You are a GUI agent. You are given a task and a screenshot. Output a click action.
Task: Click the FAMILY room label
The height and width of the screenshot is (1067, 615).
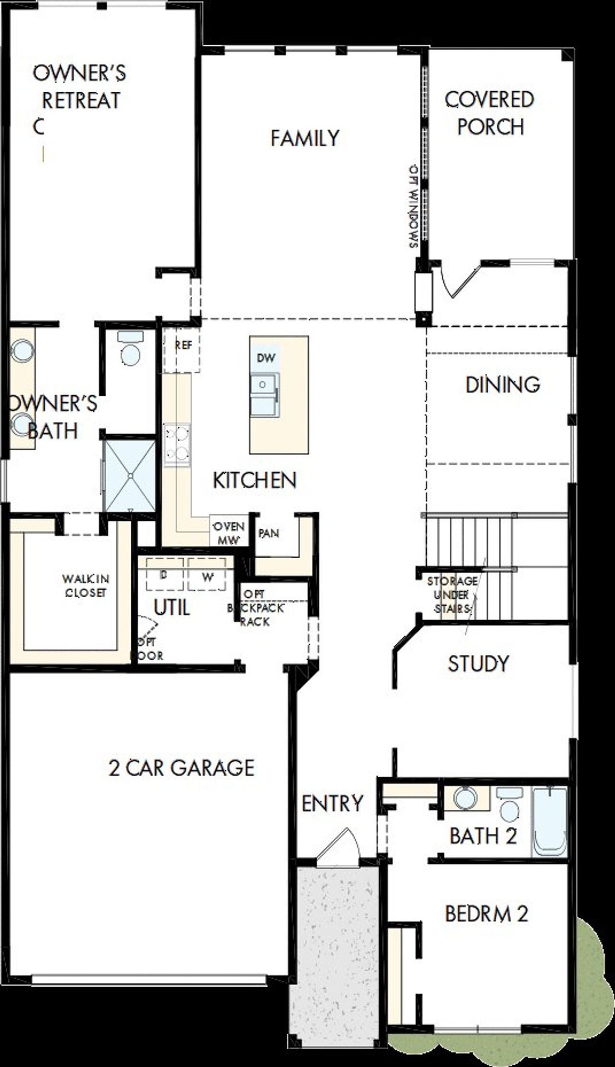pos(305,138)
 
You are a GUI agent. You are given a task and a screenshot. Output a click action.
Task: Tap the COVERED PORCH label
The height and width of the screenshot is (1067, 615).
pos(490,113)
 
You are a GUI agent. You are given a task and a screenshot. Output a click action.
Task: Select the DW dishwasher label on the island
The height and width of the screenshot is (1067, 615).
pos(266,358)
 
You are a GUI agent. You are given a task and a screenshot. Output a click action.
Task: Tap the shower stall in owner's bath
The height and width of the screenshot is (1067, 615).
pos(130,474)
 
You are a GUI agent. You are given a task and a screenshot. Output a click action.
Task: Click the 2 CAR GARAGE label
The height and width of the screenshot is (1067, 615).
pos(181,767)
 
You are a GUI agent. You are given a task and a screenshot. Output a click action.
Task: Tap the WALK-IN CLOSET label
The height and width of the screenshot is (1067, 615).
pos(86,586)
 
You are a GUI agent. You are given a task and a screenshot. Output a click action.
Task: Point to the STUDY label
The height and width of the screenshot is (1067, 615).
pos(478,663)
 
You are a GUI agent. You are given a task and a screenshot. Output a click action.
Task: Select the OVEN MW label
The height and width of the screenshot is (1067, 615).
pos(229,533)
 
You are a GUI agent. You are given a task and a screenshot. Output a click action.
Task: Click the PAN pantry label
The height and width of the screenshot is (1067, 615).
pos(269,533)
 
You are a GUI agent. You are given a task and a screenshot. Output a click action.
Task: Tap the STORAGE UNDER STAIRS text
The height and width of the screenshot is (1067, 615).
pos(452,595)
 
